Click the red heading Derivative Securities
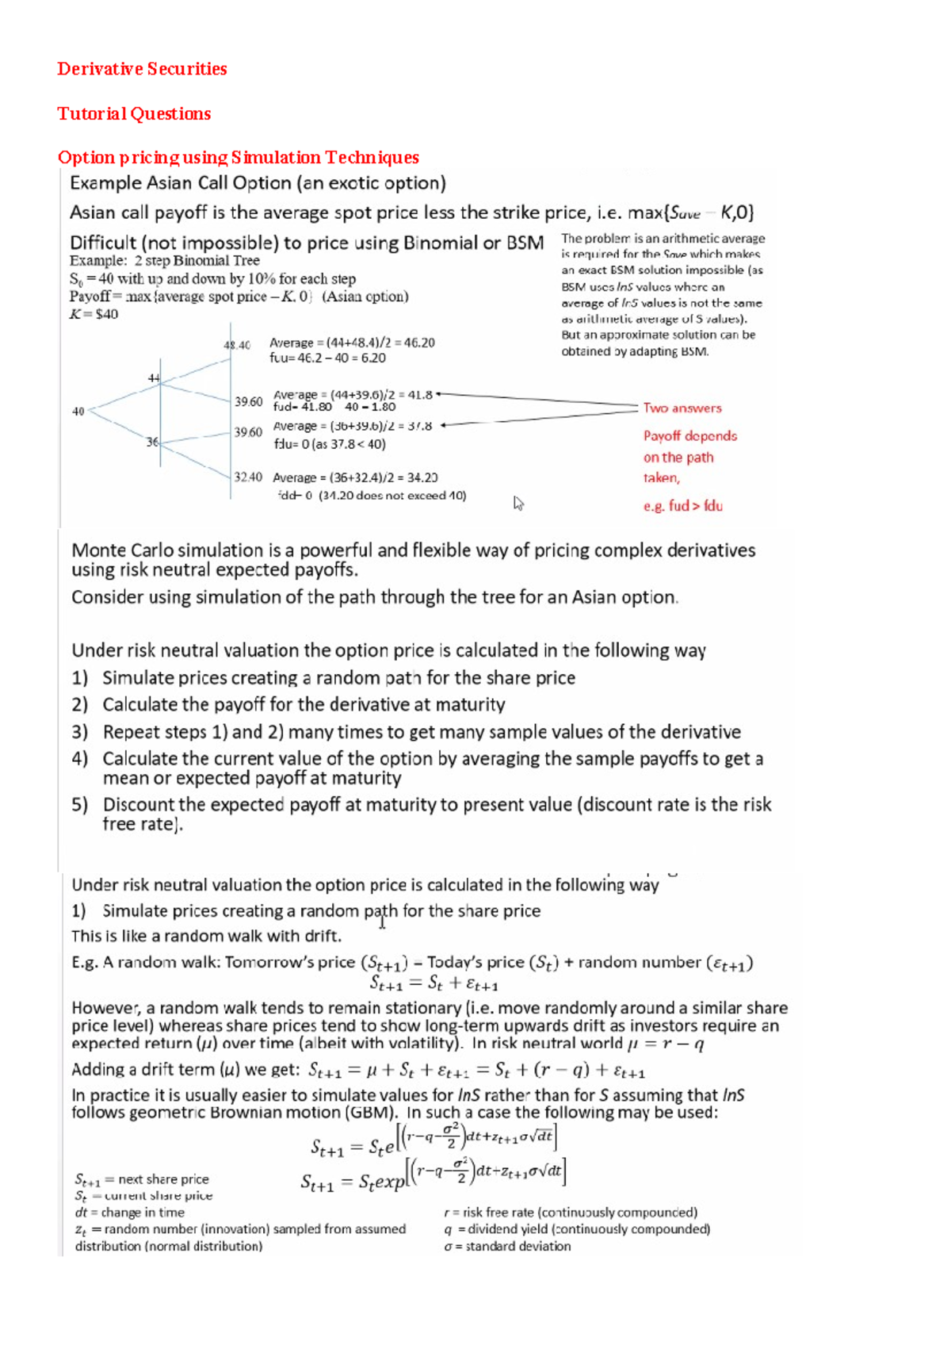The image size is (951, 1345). click(142, 69)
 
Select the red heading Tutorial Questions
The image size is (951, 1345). click(134, 113)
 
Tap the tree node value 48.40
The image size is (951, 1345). click(237, 345)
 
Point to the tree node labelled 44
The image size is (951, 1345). click(154, 378)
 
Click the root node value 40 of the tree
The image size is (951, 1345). click(78, 412)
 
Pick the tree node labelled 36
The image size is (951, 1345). click(152, 442)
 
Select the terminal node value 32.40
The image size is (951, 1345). click(248, 477)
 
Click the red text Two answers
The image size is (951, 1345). click(682, 408)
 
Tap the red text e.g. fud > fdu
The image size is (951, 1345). click(682, 506)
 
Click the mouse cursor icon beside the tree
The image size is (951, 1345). click(518, 503)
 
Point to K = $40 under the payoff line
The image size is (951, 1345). click(94, 314)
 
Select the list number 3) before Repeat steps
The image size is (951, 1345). click(79, 731)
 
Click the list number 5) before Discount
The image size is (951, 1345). click(79, 805)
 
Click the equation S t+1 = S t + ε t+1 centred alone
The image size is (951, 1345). click(433, 984)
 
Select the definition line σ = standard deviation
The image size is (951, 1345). click(507, 1246)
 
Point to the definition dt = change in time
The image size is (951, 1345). click(129, 1213)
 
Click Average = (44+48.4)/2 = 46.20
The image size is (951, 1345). click(352, 343)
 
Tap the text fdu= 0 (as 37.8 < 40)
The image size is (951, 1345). click(330, 444)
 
